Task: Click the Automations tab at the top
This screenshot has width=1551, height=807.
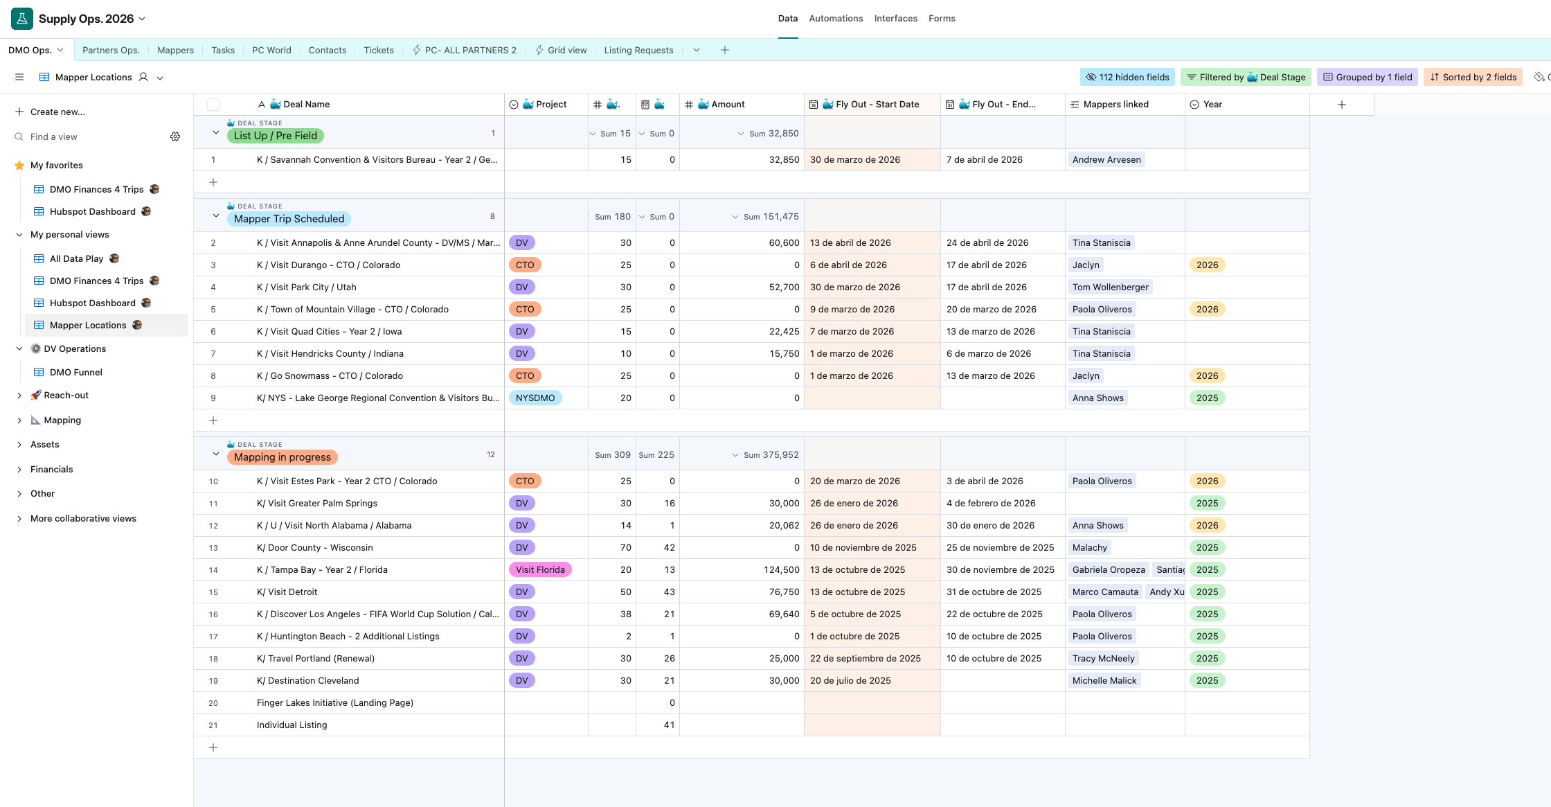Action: [x=836, y=19]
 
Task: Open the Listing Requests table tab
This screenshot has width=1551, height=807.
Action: [x=638, y=50]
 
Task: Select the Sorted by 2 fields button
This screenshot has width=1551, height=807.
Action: [x=1473, y=77]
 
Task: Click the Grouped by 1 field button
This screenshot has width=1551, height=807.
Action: [x=1368, y=77]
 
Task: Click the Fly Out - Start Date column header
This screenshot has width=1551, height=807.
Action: [x=877, y=105]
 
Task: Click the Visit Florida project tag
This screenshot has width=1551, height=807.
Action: [x=540, y=570]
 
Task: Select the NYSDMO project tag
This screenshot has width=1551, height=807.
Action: [x=535, y=398]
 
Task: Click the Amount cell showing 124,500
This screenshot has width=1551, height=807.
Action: [x=782, y=570]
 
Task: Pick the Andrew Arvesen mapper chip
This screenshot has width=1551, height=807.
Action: [x=1106, y=160]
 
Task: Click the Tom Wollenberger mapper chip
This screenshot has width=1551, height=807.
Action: [x=1110, y=287]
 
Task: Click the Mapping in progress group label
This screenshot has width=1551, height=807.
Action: [x=283, y=457]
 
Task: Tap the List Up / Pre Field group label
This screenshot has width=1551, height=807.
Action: [x=275, y=136]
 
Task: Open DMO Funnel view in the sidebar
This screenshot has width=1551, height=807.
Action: [x=75, y=372]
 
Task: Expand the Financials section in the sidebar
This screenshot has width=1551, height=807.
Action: [x=51, y=469]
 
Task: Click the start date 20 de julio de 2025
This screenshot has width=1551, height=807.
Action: [x=850, y=681]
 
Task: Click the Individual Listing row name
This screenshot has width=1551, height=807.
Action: [x=292, y=725]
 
